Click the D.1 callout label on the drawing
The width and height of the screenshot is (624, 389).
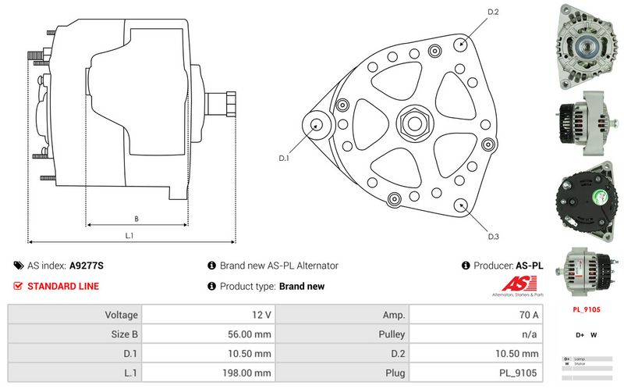[x=284, y=158]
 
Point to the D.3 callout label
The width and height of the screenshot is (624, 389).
[x=493, y=236]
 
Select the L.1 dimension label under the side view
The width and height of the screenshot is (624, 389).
[x=130, y=234]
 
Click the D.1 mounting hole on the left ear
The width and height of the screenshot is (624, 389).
[x=317, y=125]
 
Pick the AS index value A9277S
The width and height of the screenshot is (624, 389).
[x=87, y=266]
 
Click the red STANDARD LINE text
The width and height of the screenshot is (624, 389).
[x=63, y=286]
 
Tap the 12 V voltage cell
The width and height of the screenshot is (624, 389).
[x=262, y=315]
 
